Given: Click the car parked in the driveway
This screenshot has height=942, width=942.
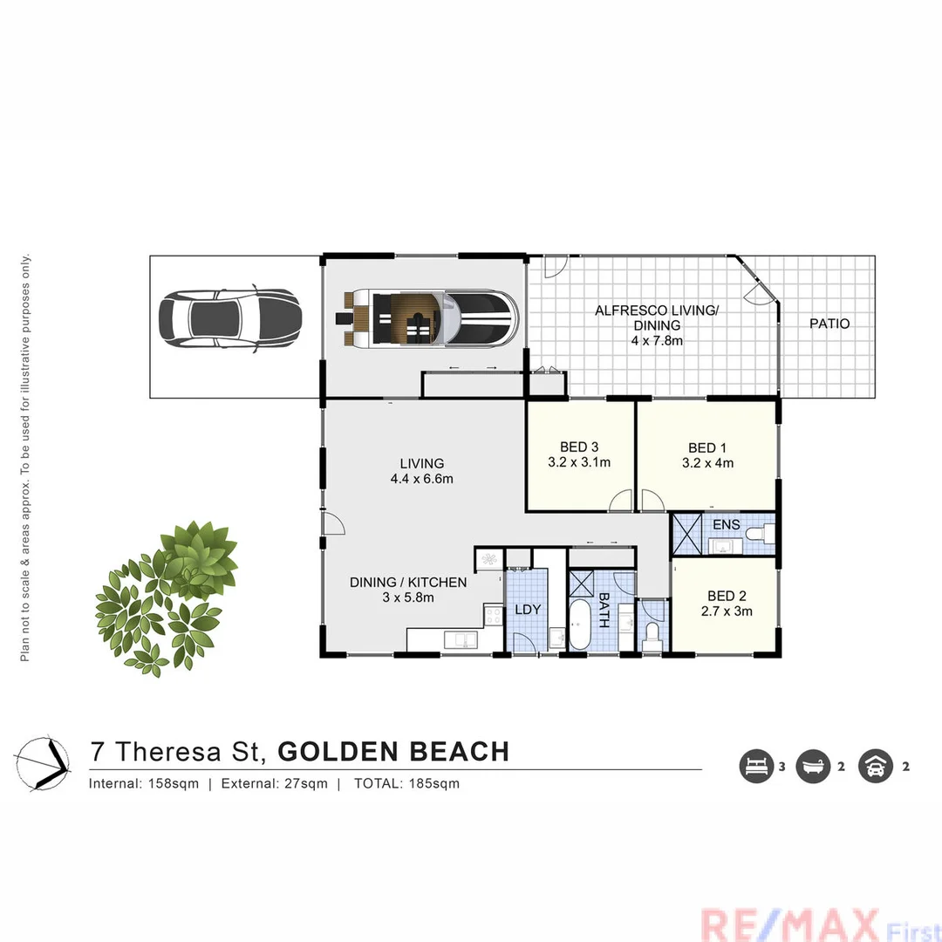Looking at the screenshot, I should pos(229,320).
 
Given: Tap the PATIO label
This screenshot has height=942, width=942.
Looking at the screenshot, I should pos(829,324).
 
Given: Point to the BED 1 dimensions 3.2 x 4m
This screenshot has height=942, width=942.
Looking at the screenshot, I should pos(707,463).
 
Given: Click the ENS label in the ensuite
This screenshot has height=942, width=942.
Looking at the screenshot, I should pos(726,525).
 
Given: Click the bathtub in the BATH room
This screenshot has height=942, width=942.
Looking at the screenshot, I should pos(579,624).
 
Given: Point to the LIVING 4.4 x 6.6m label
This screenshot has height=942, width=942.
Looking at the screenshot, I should pos(422,471).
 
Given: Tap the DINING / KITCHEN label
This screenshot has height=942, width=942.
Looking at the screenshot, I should pos(408,583).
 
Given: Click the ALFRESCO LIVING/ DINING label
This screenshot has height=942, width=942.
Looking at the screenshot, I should pos(657,317).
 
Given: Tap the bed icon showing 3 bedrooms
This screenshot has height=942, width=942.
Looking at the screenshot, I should pos(755,767).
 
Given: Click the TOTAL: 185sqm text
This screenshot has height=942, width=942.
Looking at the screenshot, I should pos(406,783).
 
